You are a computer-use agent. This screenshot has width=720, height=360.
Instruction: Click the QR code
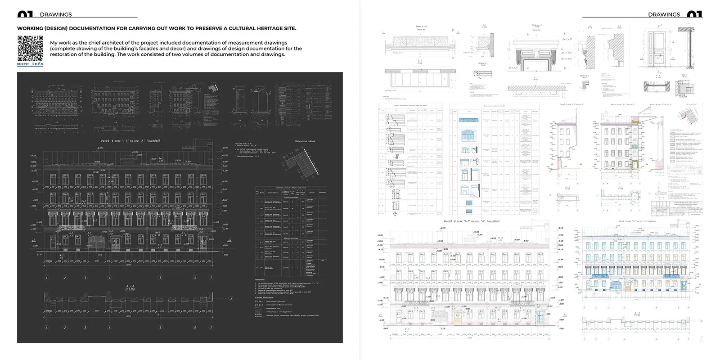[x=30, y=48]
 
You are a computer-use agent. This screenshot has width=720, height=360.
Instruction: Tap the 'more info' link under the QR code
[x=30, y=64]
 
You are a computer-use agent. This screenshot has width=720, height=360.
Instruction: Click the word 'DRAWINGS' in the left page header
[x=56, y=14]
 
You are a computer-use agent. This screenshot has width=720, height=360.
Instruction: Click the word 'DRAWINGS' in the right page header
[x=664, y=14]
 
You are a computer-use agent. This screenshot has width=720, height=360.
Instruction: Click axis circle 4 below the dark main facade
[x=110, y=278]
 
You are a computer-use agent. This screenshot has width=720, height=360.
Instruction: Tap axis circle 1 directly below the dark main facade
[x=46, y=278]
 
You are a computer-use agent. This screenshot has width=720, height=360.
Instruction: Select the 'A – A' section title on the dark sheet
[x=130, y=286]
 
